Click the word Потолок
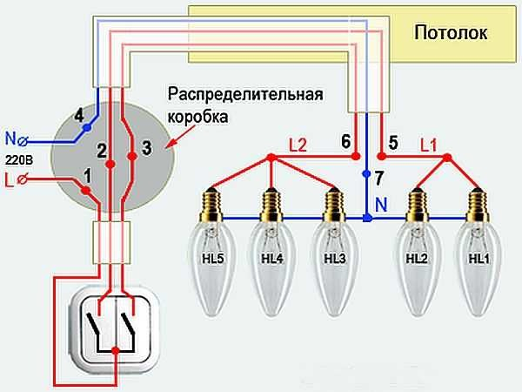pos(451,33)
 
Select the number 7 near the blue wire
pos(378,178)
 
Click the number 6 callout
pos(345,141)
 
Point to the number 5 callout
pos(393,141)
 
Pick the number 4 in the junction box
pos(79,115)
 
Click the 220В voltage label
pos(17,159)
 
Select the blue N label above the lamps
pos(379,206)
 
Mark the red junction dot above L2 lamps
pos(271,159)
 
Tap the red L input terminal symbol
pos(28,180)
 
